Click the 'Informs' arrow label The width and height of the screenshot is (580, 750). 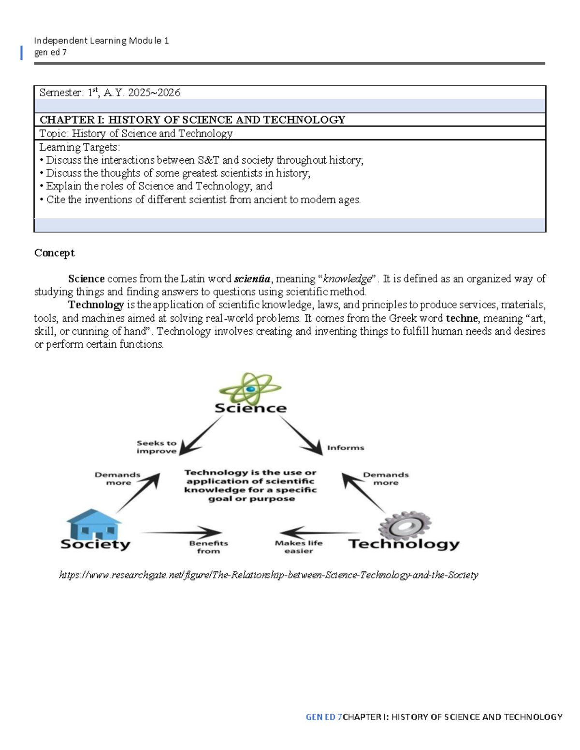[346, 448]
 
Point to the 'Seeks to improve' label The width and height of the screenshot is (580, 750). [157, 447]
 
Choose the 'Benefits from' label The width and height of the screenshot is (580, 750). [208, 547]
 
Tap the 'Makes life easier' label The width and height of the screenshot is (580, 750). [299, 547]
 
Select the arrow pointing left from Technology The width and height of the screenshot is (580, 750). [319, 533]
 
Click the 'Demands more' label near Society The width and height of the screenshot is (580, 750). [117, 479]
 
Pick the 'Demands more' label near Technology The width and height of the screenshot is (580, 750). [386, 479]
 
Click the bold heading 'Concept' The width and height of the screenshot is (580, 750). [54, 253]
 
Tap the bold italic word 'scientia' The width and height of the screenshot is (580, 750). [252, 279]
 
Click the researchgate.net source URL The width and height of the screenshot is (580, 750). [268, 575]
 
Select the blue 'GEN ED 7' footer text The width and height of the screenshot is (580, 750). [323, 717]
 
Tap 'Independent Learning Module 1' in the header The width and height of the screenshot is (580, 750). [101, 41]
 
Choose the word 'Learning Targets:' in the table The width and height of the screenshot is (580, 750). [79, 147]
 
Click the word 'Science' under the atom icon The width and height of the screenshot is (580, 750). [250, 408]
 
